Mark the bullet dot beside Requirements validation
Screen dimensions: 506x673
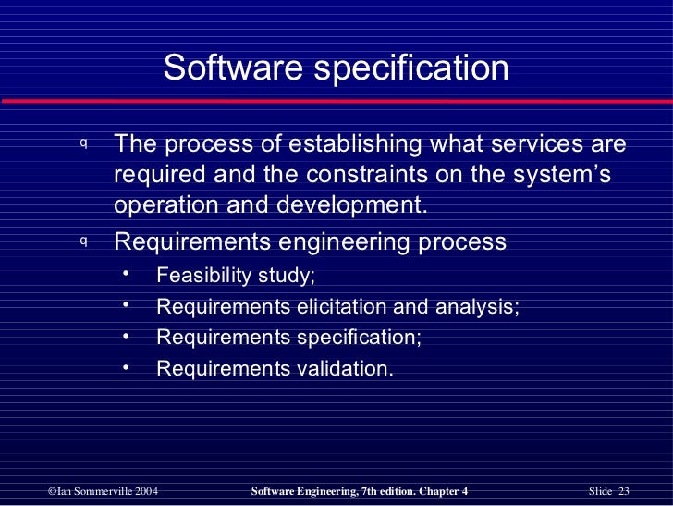126,367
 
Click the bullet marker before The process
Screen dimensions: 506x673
83,144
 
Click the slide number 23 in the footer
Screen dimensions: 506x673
623,489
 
